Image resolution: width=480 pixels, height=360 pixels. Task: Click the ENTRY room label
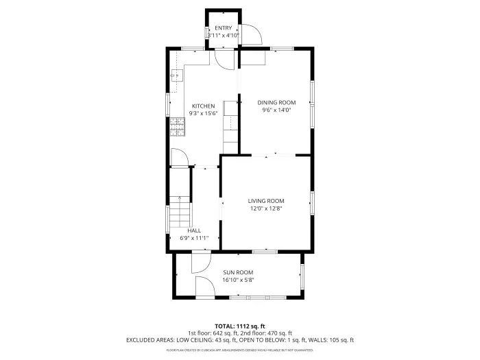[224, 28]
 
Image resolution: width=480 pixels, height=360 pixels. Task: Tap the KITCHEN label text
[203, 106]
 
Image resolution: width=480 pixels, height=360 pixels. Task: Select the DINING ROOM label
[276, 102]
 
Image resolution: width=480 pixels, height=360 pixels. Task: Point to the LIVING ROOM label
[266, 201]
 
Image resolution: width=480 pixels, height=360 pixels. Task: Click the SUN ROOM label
[238, 272]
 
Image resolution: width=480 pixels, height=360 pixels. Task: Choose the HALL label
[194, 230]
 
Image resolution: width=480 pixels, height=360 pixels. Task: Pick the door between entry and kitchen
[224, 59]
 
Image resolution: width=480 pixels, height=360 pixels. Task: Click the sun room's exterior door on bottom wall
[205, 288]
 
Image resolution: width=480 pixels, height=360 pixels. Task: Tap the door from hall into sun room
[200, 261]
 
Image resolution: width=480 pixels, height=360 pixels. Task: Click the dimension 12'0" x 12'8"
[266, 209]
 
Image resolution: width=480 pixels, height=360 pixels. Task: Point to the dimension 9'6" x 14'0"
[276, 110]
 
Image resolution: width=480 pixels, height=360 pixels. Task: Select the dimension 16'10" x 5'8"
[238, 280]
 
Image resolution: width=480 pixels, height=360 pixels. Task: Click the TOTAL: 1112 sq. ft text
[239, 326]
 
